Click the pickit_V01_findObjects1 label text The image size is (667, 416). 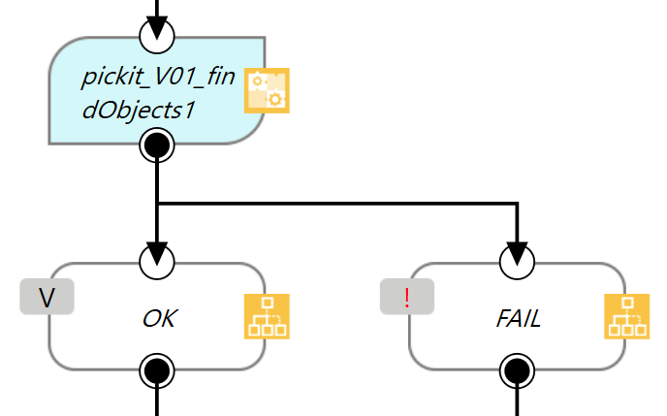click(158, 93)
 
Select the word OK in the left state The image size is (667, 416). click(159, 317)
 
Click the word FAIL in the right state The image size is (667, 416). click(520, 317)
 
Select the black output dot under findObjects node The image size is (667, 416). click(157, 146)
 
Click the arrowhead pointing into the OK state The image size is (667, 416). click(157, 251)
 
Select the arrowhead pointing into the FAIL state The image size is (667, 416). click(517, 251)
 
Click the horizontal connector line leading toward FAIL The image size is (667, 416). click(339, 204)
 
